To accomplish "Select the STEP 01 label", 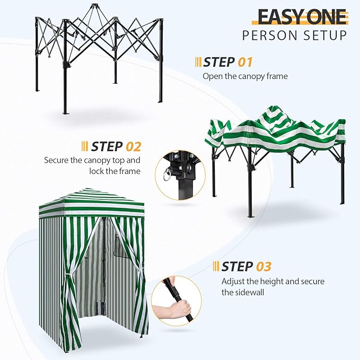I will tap(228, 62).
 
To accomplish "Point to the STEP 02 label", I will tap(116, 146).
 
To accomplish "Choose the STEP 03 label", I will tap(247, 266).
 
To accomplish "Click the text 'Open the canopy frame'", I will tap(245, 76).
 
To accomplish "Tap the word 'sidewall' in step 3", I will tap(251, 292).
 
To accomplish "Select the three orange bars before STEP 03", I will tap(216, 266).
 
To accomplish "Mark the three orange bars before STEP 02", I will tap(85, 146).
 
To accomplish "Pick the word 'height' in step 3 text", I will tap(268, 281).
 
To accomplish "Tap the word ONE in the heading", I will tap(326, 16).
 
